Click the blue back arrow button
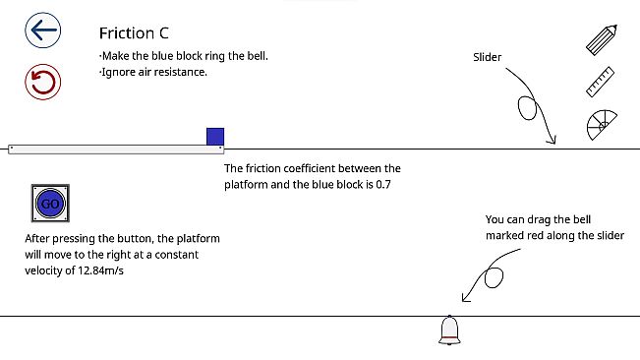click(x=42, y=30)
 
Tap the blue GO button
click(x=49, y=204)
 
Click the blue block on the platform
click(x=215, y=137)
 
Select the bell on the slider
click(x=450, y=330)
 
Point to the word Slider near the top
click(x=488, y=57)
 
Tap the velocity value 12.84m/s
click(x=105, y=270)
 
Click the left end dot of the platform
click(x=11, y=149)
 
